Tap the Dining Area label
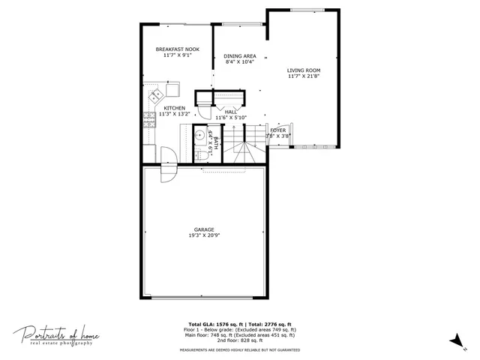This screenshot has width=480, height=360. click(x=240, y=56)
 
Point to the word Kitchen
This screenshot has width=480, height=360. click(x=175, y=108)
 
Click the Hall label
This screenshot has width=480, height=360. click(x=231, y=112)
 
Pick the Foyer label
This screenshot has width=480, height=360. click(x=277, y=130)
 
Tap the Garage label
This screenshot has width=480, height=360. click(x=204, y=229)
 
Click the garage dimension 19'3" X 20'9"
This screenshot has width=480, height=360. click(x=204, y=235)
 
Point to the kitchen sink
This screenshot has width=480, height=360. click(x=157, y=95)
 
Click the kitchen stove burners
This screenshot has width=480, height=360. click(x=147, y=118)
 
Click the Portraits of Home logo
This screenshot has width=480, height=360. click(x=57, y=334)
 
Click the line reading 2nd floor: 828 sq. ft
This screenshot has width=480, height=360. click(x=240, y=341)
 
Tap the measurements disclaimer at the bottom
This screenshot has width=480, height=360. click(x=240, y=350)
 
